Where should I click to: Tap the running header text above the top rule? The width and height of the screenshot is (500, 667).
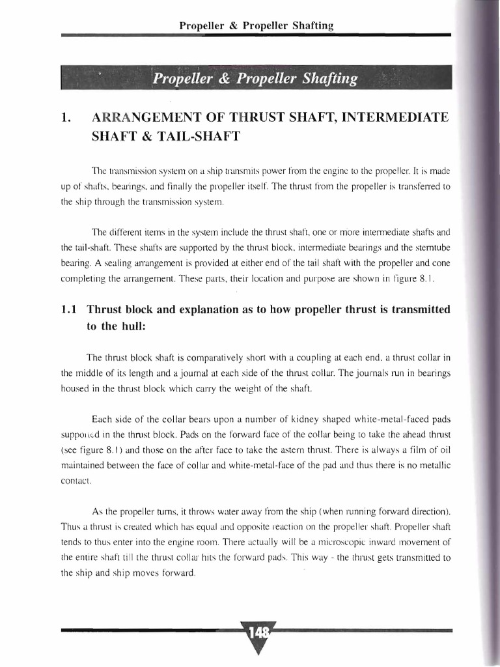(257, 26)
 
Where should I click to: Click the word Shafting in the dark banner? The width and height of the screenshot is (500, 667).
(327, 79)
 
